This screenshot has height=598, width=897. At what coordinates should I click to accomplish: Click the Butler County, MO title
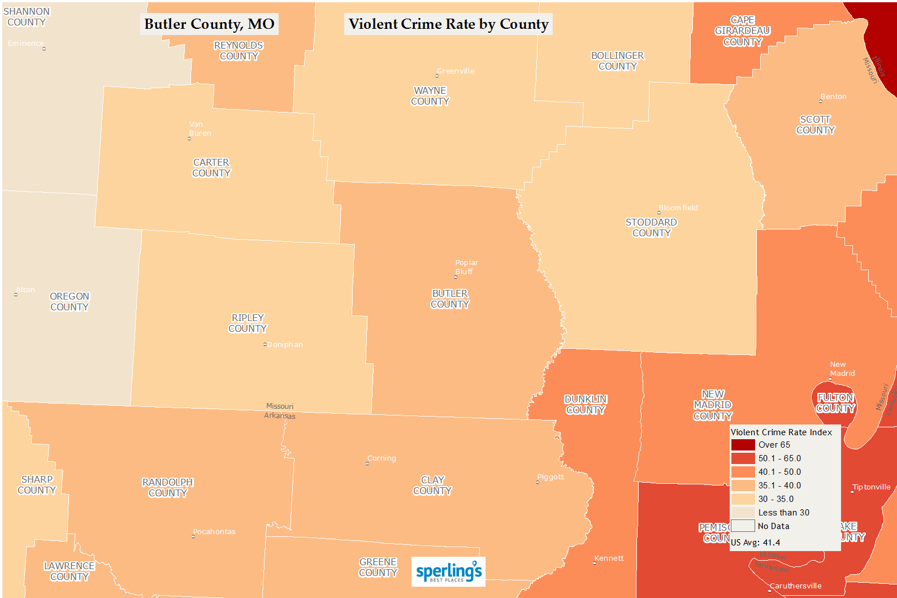(209, 24)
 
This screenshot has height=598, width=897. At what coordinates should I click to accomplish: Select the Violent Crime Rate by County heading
(448, 24)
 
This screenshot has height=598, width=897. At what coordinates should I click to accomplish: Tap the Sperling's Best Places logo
(448, 571)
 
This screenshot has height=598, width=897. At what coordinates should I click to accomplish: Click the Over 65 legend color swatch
(743, 445)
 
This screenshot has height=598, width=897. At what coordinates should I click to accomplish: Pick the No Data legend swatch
(743, 526)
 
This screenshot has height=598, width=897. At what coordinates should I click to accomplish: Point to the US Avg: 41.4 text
(755, 543)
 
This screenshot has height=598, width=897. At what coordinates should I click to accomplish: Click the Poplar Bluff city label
(466, 267)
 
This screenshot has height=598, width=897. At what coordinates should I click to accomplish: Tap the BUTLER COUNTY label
(450, 299)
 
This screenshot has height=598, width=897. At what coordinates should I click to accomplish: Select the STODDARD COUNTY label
(651, 228)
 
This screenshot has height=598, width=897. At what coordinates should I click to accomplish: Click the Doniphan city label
(285, 345)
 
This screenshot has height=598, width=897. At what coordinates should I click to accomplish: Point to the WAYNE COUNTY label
(430, 96)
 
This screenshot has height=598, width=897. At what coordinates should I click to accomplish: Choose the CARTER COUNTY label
(211, 168)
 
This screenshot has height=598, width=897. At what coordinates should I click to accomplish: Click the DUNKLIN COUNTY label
(586, 405)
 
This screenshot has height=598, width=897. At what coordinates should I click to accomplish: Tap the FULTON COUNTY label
(835, 403)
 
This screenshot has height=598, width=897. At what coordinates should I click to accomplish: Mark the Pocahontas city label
(214, 532)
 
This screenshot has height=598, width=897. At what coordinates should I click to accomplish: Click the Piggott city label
(551, 477)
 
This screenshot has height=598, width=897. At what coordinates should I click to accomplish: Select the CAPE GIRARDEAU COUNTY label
(742, 31)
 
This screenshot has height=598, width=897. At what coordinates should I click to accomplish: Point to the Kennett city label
(609, 558)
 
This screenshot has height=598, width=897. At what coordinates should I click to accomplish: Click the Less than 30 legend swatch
(743, 513)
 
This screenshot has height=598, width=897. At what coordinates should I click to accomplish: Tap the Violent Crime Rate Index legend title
(781, 432)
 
